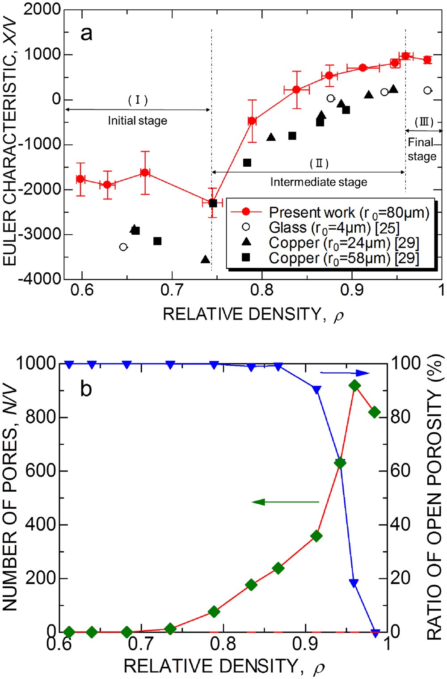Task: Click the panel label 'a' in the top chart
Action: point(86,34)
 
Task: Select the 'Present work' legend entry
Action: point(349,212)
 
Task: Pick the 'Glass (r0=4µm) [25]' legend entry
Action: point(333,228)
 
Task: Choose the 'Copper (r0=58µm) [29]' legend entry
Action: point(343,258)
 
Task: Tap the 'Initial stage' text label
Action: point(137,121)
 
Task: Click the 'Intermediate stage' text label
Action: point(318,182)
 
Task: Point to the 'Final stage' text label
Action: point(422,149)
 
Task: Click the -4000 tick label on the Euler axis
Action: point(39,278)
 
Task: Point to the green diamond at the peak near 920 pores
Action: point(354,386)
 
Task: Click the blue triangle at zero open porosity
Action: point(375,633)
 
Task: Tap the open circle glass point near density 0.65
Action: point(123,247)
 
